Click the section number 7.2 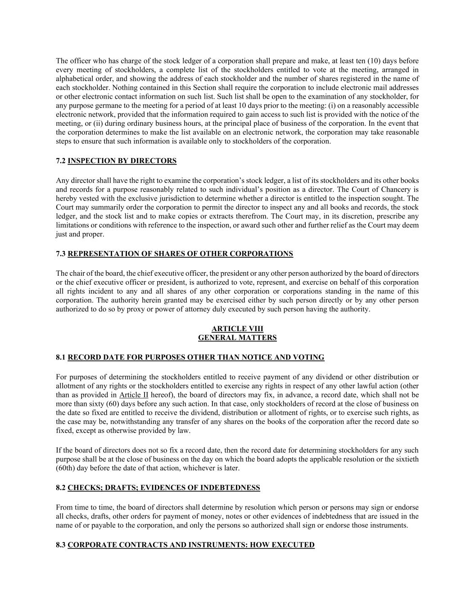pos(61,161)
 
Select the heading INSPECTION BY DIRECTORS pos(122,161)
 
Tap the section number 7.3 pos(61,254)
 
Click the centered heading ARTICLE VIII pos(237,329)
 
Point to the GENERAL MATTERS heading pos(237,338)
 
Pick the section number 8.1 pos(61,357)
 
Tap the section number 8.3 pos(61,545)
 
